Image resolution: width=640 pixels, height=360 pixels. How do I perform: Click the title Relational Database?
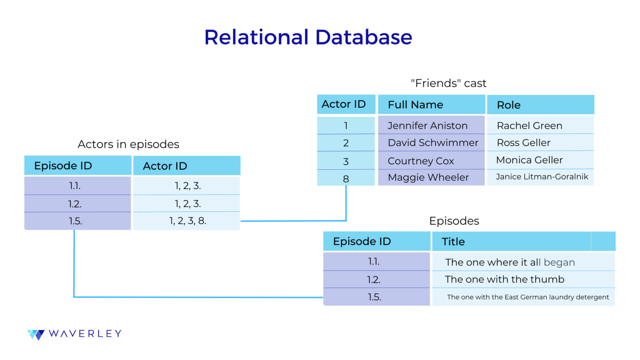pyautogui.click(x=308, y=37)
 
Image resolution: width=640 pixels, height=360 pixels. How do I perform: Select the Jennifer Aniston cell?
pyautogui.click(x=427, y=125)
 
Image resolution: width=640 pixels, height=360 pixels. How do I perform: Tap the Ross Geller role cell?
pyautogui.click(x=523, y=142)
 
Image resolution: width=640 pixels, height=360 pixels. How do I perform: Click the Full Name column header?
pyautogui.click(x=415, y=105)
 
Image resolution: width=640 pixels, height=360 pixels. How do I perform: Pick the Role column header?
pyautogui.click(x=508, y=105)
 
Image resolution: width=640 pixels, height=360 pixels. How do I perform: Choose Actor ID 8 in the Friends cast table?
pyautogui.click(x=346, y=179)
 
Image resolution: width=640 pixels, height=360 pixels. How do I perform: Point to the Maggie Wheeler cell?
pyautogui.click(x=428, y=177)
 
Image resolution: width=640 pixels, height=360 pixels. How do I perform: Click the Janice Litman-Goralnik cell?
pyautogui.click(x=542, y=177)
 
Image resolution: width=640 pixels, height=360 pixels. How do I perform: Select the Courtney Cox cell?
pyautogui.click(x=421, y=161)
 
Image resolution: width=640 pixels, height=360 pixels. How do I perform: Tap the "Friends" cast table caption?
pyautogui.click(x=448, y=83)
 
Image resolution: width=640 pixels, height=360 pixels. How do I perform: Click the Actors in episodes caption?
pyautogui.click(x=128, y=144)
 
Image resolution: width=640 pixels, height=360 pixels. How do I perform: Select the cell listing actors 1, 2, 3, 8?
pyautogui.click(x=187, y=221)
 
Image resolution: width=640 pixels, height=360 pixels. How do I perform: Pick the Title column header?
pyautogui.click(x=453, y=242)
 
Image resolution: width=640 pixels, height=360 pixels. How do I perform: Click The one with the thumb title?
pyautogui.click(x=504, y=279)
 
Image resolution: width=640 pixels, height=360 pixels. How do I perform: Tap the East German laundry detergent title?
pyautogui.click(x=527, y=297)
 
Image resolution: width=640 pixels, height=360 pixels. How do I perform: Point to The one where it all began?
pyautogui.click(x=510, y=262)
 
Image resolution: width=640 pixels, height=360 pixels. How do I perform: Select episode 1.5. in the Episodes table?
pyautogui.click(x=374, y=297)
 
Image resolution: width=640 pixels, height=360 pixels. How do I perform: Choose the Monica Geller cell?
pyautogui.click(x=529, y=160)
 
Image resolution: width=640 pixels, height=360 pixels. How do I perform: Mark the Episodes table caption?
pyautogui.click(x=454, y=221)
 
